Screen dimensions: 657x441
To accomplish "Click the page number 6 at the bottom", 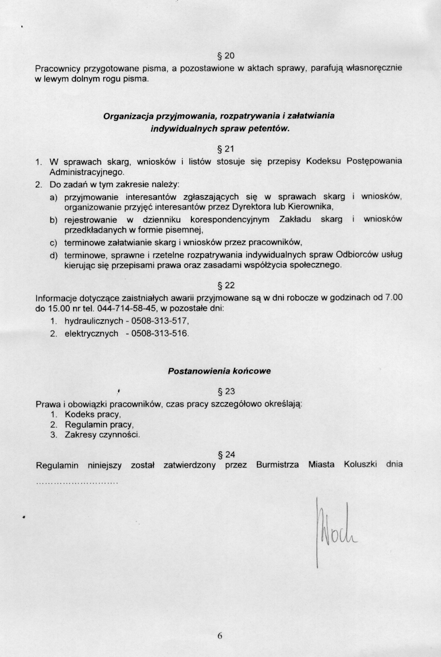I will pyautogui.click(x=220, y=636).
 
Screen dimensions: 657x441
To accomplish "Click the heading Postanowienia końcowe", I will pyautogui.click(x=219, y=371).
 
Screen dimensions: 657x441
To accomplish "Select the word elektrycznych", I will pyautogui.click(x=91, y=333).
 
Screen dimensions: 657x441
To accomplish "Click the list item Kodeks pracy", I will pyautogui.click(x=93, y=414).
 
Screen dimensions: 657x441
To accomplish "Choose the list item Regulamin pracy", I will pyautogui.click(x=98, y=424).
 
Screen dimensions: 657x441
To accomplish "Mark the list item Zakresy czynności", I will pyautogui.click(x=102, y=435).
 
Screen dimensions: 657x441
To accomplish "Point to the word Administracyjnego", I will pyautogui.click(x=87, y=172).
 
